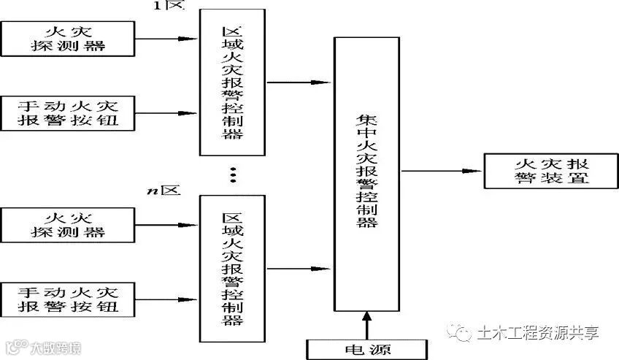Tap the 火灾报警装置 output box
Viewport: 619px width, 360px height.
[x=539, y=171]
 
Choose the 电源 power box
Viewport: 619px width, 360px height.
[x=365, y=348]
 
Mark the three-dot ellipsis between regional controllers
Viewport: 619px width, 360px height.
[x=233, y=175]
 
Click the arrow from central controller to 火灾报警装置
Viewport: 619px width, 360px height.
[x=442, y=171]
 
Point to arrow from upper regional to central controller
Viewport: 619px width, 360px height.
[x=299, y=82]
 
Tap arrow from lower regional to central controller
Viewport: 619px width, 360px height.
[x=299, y=267]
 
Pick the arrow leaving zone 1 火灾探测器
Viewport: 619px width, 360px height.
[x=168, y=39]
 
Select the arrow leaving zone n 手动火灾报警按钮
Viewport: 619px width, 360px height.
[x=168, y=298]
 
